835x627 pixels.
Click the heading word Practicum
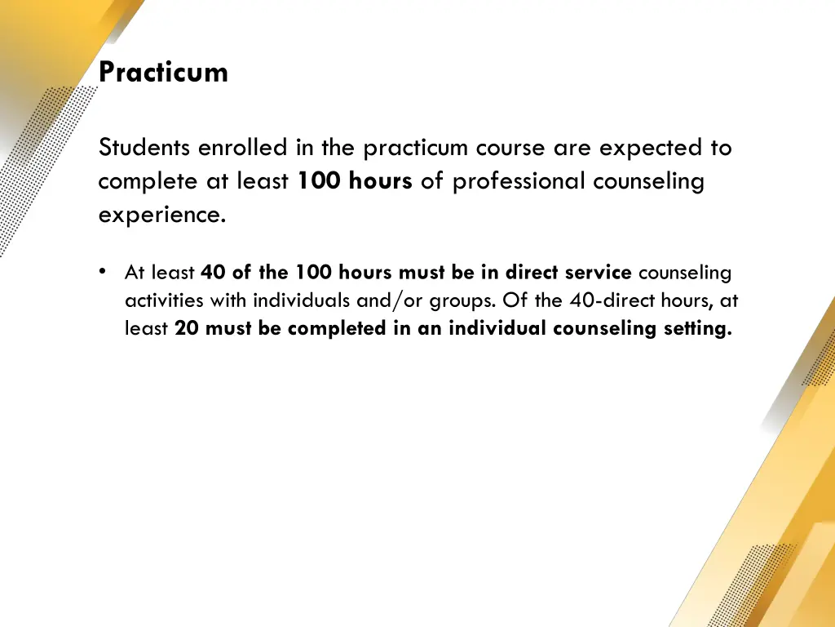click(x=163, y=73)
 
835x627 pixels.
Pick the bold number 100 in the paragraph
click(x=320, y=181)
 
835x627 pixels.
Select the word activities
click(x=164, y=300)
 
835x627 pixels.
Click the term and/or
click(x=387, y=300)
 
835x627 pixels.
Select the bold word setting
click(x=694, y=329)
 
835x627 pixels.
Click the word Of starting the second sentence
click(x=515, y=300)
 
